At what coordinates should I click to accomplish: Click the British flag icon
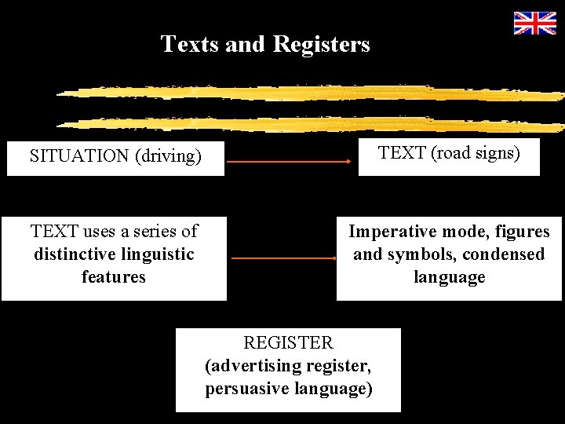(x=534, y=24)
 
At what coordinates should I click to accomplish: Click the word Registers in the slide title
(x=321, y=44)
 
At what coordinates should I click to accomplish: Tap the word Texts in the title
(x=190, y=44)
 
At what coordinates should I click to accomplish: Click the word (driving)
(x=168, y=156)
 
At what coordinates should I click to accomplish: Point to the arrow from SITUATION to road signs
(x=289, y=162)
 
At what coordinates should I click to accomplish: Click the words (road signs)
(x=474, y=152)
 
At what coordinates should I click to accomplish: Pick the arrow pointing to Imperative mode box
(x=284, y=258)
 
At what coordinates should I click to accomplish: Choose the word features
(x=114, y=277)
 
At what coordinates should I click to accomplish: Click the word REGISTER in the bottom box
(x=288, y=343)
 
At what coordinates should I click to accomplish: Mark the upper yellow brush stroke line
(x=310, y=93)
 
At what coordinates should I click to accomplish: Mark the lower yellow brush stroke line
(x=310, y=123)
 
